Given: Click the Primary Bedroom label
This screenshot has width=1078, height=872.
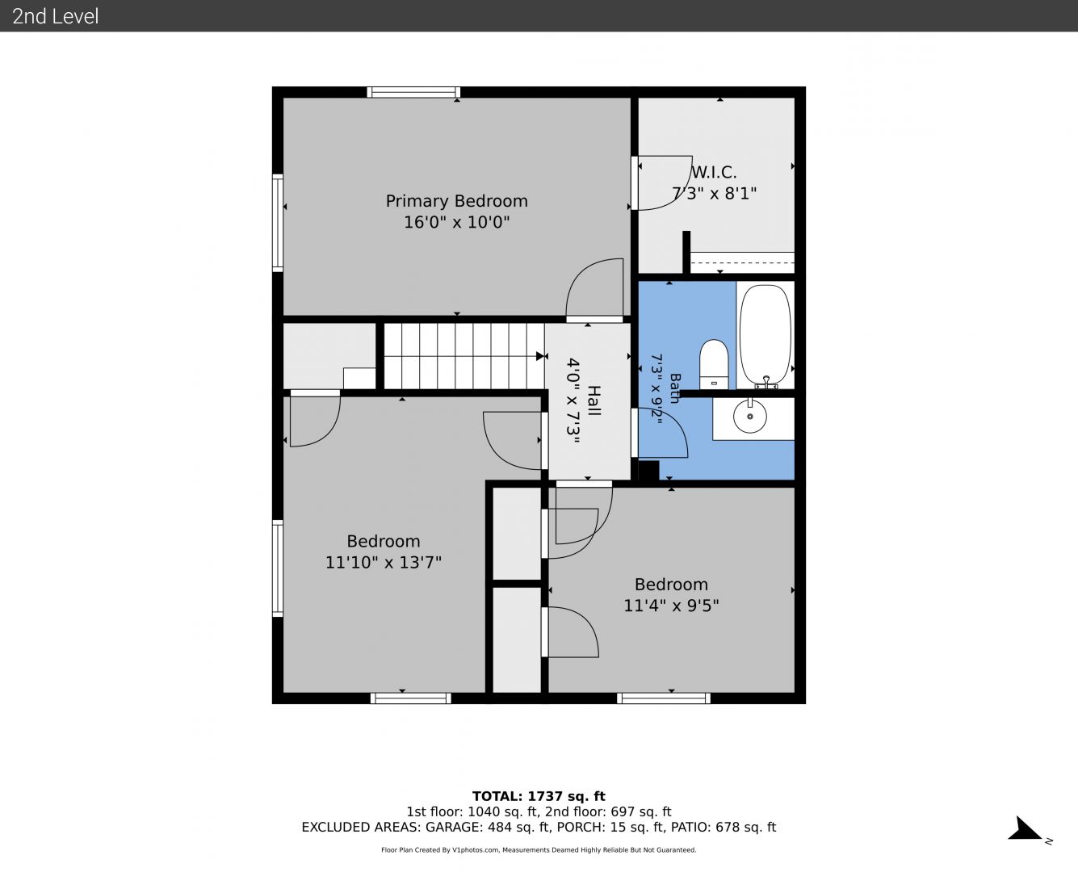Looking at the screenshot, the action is coord(456,201).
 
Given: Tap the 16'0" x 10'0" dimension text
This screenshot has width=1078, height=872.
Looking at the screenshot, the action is coord(456,222).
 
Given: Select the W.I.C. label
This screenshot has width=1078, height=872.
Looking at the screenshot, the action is coord(714,172).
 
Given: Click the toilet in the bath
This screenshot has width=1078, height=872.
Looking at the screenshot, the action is coord(714,364).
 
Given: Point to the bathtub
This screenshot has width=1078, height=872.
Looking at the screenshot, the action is coord(765,336).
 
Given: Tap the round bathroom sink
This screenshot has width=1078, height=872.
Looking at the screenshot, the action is coord(749,416).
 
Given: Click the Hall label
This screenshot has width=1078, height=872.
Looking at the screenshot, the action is coord(594,400).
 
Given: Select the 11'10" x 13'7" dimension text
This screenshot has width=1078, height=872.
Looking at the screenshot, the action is coord(383,562).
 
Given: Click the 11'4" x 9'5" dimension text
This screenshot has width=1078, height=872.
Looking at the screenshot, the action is coord(671,606).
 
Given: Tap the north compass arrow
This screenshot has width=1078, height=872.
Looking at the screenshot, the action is coord(1025,828).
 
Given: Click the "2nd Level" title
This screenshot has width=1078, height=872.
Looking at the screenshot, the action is coord(55,16).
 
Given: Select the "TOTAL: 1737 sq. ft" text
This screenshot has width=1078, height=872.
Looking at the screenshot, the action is coord(539,796).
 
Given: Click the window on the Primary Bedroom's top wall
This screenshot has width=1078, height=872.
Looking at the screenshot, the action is coord(413,92).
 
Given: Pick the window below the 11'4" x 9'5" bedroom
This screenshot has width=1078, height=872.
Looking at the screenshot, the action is coord(664,698).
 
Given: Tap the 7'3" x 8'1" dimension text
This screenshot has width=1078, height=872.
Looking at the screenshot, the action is coord(714,193).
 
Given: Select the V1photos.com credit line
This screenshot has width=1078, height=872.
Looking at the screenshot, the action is coord(539,849).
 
